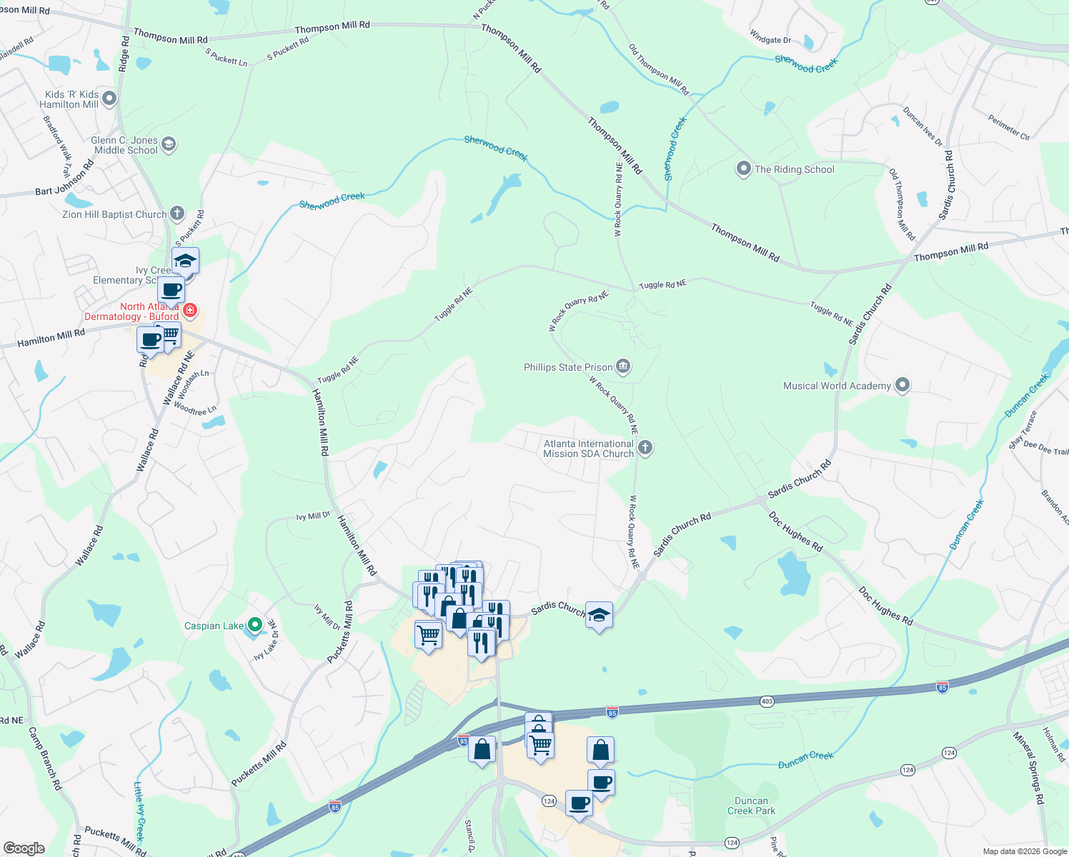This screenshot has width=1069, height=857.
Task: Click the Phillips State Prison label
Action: (568, 367)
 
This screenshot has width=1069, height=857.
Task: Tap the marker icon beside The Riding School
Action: (743, 169)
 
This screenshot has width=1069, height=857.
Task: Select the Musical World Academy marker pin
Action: (903, 386)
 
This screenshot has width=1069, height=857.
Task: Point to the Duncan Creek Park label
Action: (751, 806)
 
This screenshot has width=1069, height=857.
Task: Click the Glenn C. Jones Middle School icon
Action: (169, 145)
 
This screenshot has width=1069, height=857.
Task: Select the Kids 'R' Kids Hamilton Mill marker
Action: (109, 99)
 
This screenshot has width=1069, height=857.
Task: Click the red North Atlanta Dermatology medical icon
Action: (190, 310)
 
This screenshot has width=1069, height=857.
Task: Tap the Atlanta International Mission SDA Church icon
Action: (645, 448)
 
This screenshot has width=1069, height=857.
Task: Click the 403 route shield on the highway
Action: (767, 701)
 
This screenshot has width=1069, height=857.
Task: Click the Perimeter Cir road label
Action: (1009, 127)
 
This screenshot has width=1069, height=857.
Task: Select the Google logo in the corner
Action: (24, 848)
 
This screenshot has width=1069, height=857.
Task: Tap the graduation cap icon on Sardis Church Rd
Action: (599, 615)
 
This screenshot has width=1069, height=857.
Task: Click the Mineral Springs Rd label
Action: (1029, 767)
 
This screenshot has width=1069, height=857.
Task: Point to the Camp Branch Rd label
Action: (45, 758)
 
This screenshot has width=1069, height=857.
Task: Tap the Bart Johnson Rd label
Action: (64, 179)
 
